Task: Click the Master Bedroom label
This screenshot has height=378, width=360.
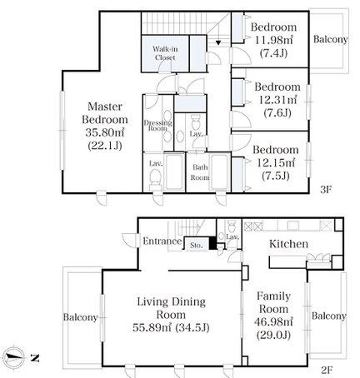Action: (105, 113)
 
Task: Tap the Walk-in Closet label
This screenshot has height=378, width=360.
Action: (165, 53)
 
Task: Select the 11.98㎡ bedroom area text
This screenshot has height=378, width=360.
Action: (274, 40)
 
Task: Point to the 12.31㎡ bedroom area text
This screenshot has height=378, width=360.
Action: (277, 100)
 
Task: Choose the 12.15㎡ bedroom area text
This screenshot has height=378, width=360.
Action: (276, 162)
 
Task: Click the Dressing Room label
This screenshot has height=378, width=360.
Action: (157, 126)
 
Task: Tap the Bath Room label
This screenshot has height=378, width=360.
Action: (200, 172)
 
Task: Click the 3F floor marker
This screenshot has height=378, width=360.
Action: (326, 190)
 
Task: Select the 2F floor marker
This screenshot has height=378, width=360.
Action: (327, 370)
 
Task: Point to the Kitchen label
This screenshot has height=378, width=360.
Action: (288, 244)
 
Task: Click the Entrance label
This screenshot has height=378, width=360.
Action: (162, 241)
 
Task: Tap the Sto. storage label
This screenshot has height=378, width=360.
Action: (196, 246)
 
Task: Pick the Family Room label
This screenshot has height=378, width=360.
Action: (273, 302)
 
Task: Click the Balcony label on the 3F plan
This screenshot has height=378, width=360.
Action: (330, 39)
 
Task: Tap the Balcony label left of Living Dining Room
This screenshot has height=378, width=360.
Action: (80, 317)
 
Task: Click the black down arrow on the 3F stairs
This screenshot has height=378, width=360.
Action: (218, 42)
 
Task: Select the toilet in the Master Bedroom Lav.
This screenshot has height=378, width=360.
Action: (155, 177)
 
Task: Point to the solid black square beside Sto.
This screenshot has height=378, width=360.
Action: (212, 243)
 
